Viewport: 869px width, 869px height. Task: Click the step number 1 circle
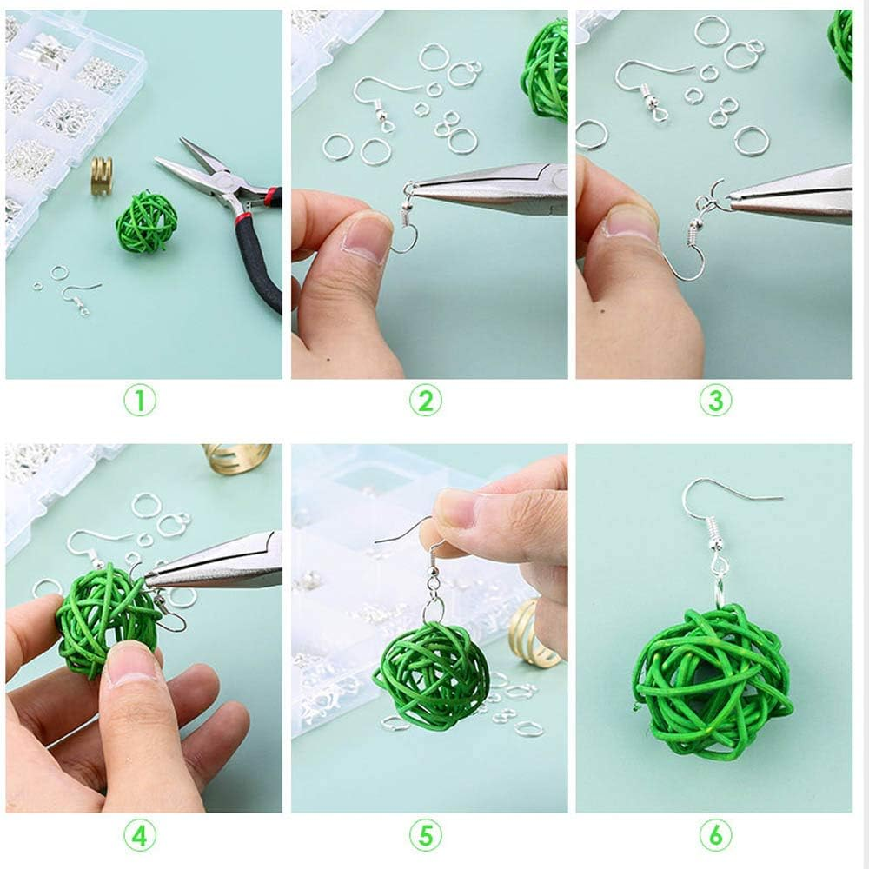140,400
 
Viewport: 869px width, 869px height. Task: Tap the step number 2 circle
425,400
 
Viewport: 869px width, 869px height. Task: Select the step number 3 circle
715,400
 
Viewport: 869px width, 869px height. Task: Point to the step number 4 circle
140,835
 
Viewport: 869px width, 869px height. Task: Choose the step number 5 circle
425,835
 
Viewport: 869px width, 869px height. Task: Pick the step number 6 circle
715,835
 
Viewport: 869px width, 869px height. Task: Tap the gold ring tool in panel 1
102,176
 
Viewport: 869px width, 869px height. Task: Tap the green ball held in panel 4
105,618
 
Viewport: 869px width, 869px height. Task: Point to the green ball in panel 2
546,70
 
